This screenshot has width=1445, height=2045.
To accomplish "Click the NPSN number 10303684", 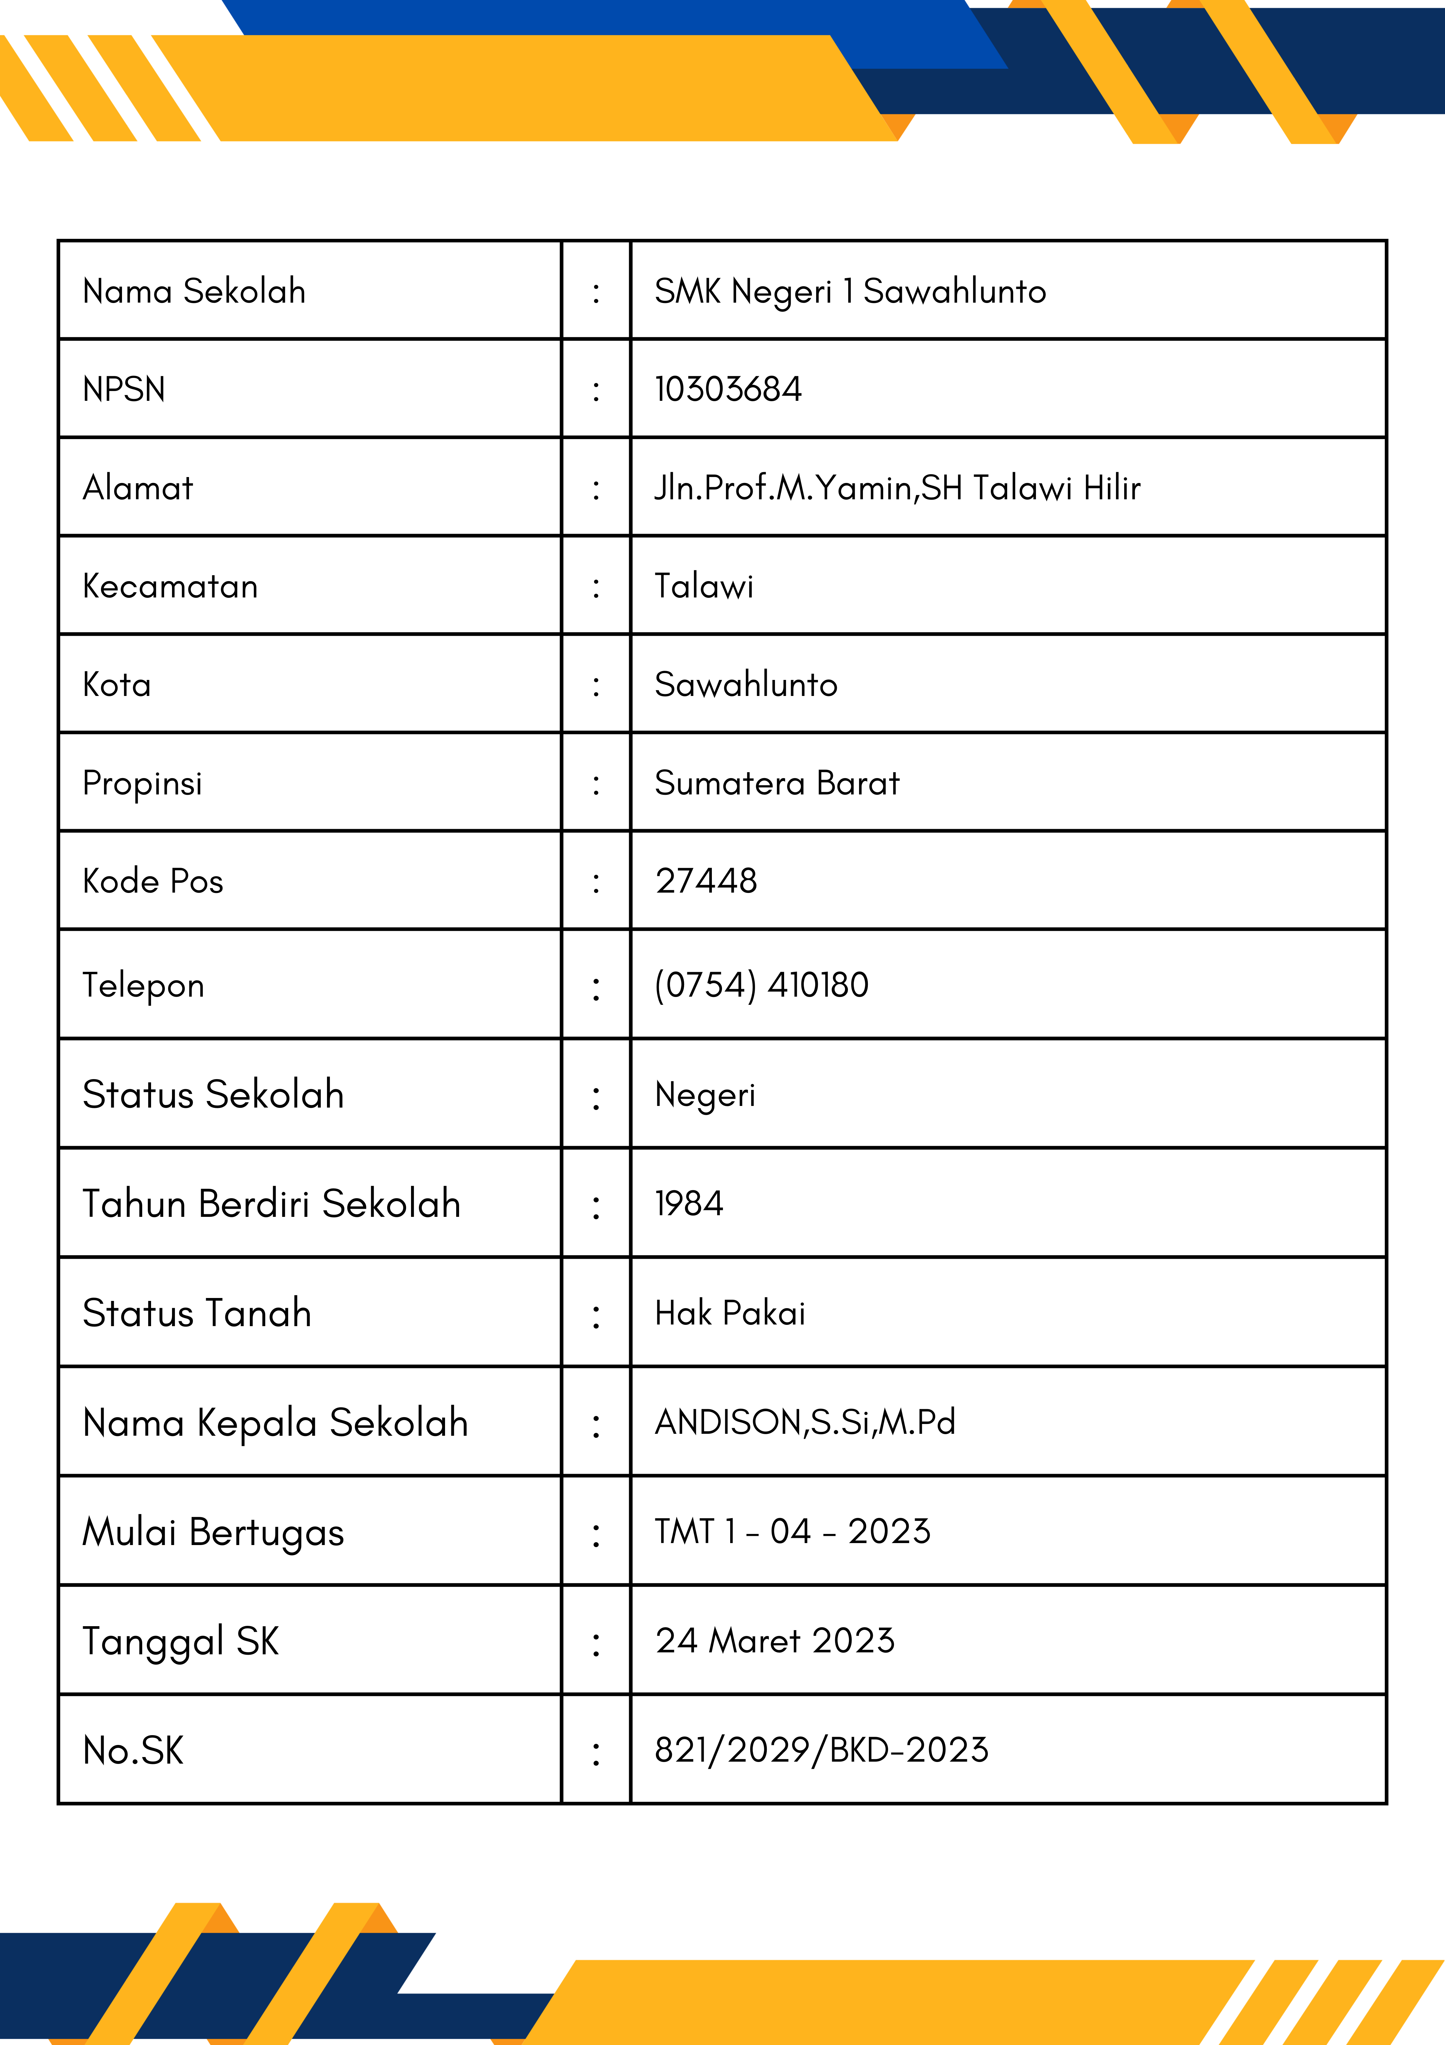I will [727, 389].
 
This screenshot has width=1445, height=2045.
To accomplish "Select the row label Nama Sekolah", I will [194, 291].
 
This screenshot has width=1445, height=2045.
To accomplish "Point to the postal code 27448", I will [706, 881].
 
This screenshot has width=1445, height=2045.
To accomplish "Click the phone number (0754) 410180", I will [761, 985].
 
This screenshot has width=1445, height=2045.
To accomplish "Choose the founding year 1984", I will [689, 1203].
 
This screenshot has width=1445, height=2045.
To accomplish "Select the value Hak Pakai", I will [730, 1313].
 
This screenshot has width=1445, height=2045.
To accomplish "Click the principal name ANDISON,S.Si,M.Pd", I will [805, 1422].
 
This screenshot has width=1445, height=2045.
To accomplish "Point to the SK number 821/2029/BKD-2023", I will [821, 1750].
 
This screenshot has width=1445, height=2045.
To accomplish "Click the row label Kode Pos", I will [152, 881].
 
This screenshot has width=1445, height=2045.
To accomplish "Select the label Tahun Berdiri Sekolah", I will [271, 1203].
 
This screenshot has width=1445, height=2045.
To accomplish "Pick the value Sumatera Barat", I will [776, 783].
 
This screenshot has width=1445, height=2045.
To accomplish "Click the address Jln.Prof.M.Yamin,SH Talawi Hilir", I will [897, 488].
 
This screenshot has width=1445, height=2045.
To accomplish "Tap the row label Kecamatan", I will [170, 586].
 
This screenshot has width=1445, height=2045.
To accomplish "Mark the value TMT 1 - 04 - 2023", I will [792, 1531].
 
